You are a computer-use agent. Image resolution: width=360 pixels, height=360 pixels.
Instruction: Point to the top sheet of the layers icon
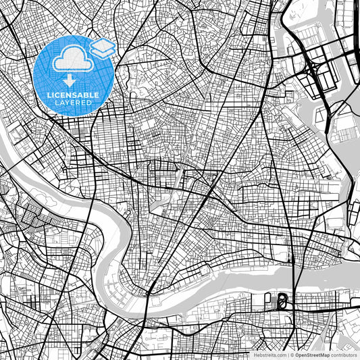[x=103, y=45]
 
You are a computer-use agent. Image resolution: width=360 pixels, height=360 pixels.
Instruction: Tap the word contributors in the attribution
[x=344, y=355]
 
